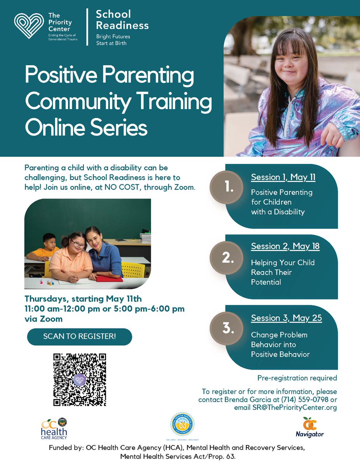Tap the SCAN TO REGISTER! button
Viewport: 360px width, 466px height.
pos(79,336)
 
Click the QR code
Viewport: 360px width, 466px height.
pos(79,380)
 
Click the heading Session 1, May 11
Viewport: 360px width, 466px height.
pos(283,178)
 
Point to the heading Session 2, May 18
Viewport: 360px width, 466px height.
pos(285,246)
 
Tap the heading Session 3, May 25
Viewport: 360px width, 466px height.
pos(286,318)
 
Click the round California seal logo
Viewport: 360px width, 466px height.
pos(183,426)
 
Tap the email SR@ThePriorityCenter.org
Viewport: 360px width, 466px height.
pos(285,408)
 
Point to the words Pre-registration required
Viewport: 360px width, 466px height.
pos(297,378)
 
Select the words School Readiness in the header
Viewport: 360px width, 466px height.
pos(122,20)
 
